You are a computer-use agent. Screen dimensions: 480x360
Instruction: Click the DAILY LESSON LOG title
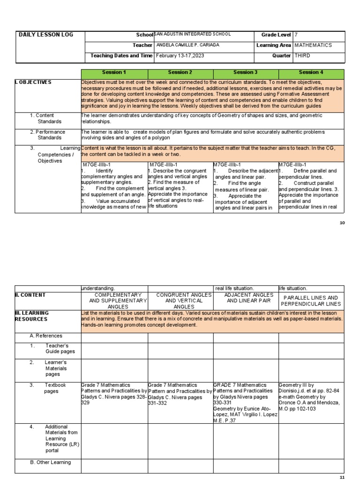(45, 35)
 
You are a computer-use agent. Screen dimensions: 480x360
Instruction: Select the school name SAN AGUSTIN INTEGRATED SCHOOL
(193, 35)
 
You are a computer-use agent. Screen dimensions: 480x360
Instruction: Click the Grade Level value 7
(296, 35)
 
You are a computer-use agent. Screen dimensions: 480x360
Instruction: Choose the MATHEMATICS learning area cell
(313, 45)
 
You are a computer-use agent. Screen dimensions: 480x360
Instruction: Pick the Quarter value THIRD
(302, 56)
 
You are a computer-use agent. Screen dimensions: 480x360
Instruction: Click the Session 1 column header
(114, 73)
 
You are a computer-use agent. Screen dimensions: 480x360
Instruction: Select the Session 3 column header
(246, 73)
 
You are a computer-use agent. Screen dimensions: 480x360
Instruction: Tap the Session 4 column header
(311, 73)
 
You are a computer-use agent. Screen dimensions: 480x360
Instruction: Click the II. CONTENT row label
(30, 295)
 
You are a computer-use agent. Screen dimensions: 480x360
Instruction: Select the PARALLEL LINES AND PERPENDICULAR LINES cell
(311, 301)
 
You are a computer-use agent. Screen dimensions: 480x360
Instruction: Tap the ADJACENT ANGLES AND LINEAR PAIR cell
(246, 298)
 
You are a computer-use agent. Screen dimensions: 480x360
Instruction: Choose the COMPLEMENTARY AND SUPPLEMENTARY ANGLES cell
(114, 301)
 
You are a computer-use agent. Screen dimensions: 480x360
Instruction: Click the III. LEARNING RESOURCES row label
(32, 316)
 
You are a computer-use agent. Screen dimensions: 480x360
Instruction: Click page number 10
(342, 223)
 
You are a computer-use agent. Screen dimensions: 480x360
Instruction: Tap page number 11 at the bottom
(342, 477)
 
